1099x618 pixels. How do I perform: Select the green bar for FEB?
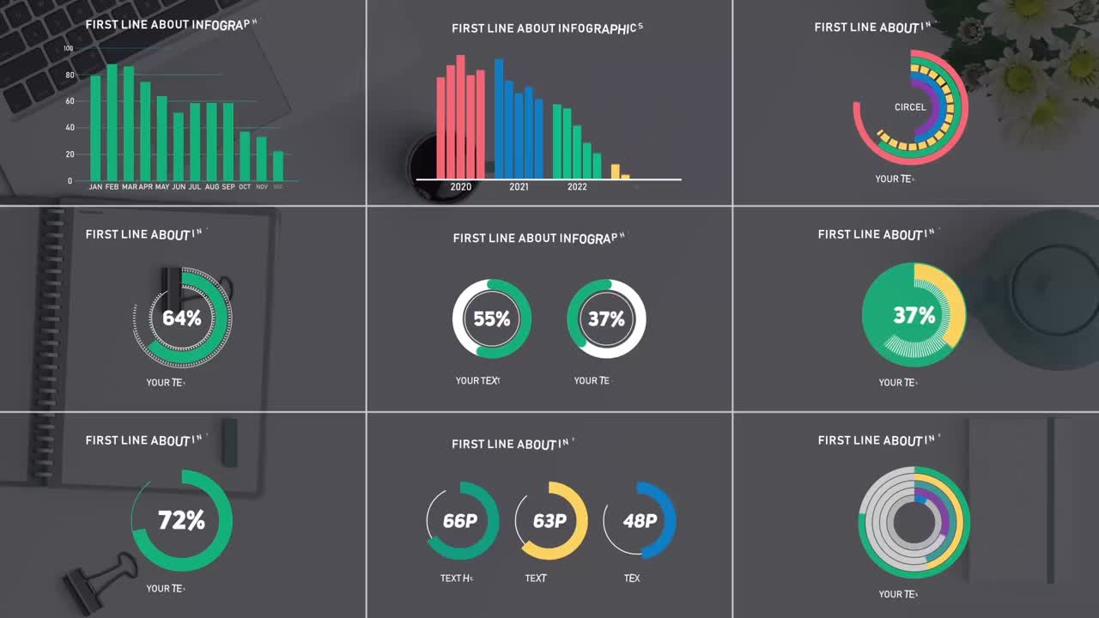click(x=112, y=122)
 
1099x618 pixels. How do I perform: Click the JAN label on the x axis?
click(x=95, y=186)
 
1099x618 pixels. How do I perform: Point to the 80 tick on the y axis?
click(x=70, y=75)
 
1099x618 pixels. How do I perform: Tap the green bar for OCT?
click(x=245, y=155)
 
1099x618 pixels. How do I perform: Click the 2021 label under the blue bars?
click(x=519, y=186)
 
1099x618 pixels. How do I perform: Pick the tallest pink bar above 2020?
click(x=460, y=117)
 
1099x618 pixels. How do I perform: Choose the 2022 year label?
click(x=577, y=186)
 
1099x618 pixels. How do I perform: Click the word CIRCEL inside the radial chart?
click(x=910, y=107)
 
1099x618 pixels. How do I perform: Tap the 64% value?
click(x=182, y=318)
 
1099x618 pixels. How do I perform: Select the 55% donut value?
click(x=492, y=319)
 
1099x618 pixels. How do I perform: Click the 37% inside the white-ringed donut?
click(x=606, y=319)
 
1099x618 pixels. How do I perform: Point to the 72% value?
click(x=181, y=520)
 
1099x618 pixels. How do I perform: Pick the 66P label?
click(x=460, y=521)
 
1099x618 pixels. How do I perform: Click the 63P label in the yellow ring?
click(x=549, y=521)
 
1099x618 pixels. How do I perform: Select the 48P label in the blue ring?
click(x=640, y=521)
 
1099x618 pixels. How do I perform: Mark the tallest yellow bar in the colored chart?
click(x=616, y=171)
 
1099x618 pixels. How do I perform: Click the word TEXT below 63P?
click(x=536, y=579)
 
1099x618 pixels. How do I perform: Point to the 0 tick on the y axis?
click(x=70, y=181)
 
